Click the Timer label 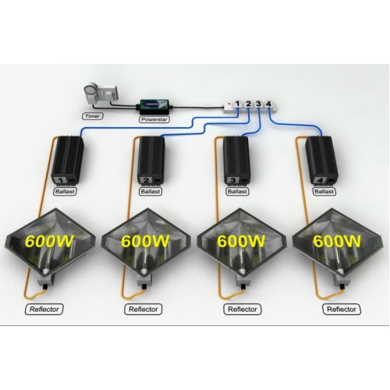click(93, 116)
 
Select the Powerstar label click(154, 119)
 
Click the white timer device click(101, 94)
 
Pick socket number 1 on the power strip click(237, 104)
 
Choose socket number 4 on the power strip click(268, 104)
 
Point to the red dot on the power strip click(229, 104)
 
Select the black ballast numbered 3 click(237, 160)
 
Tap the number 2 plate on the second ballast click(146, 180)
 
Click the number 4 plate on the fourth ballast click(320, 180)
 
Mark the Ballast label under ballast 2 click(150, 192)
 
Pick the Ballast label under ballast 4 click(324, 192)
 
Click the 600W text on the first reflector click(48, 241)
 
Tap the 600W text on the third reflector click(241, 241)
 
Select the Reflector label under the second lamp click(144, 310)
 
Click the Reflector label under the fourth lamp click(342, 310)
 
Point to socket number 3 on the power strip click(258, 104)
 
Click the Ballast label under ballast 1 click(65, 192)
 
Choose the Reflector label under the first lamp click(44, 310)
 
